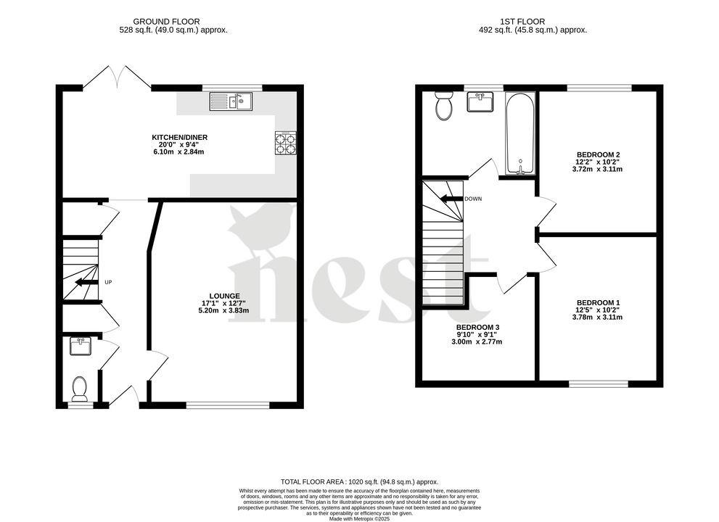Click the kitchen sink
[x=231, y=101]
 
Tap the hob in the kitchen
[x=285, y=143]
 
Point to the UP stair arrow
[x=85, y=282]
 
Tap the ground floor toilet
[x=80, y=389]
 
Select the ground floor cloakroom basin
[x=81, y=347]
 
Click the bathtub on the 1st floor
[x=520, y=133]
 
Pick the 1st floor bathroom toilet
[x=443, y=107]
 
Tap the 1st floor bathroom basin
[x=480, y=102]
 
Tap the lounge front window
[x=228, y=405]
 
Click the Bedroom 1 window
[x=599, y=382]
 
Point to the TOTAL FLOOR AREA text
[x=359, y=481]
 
